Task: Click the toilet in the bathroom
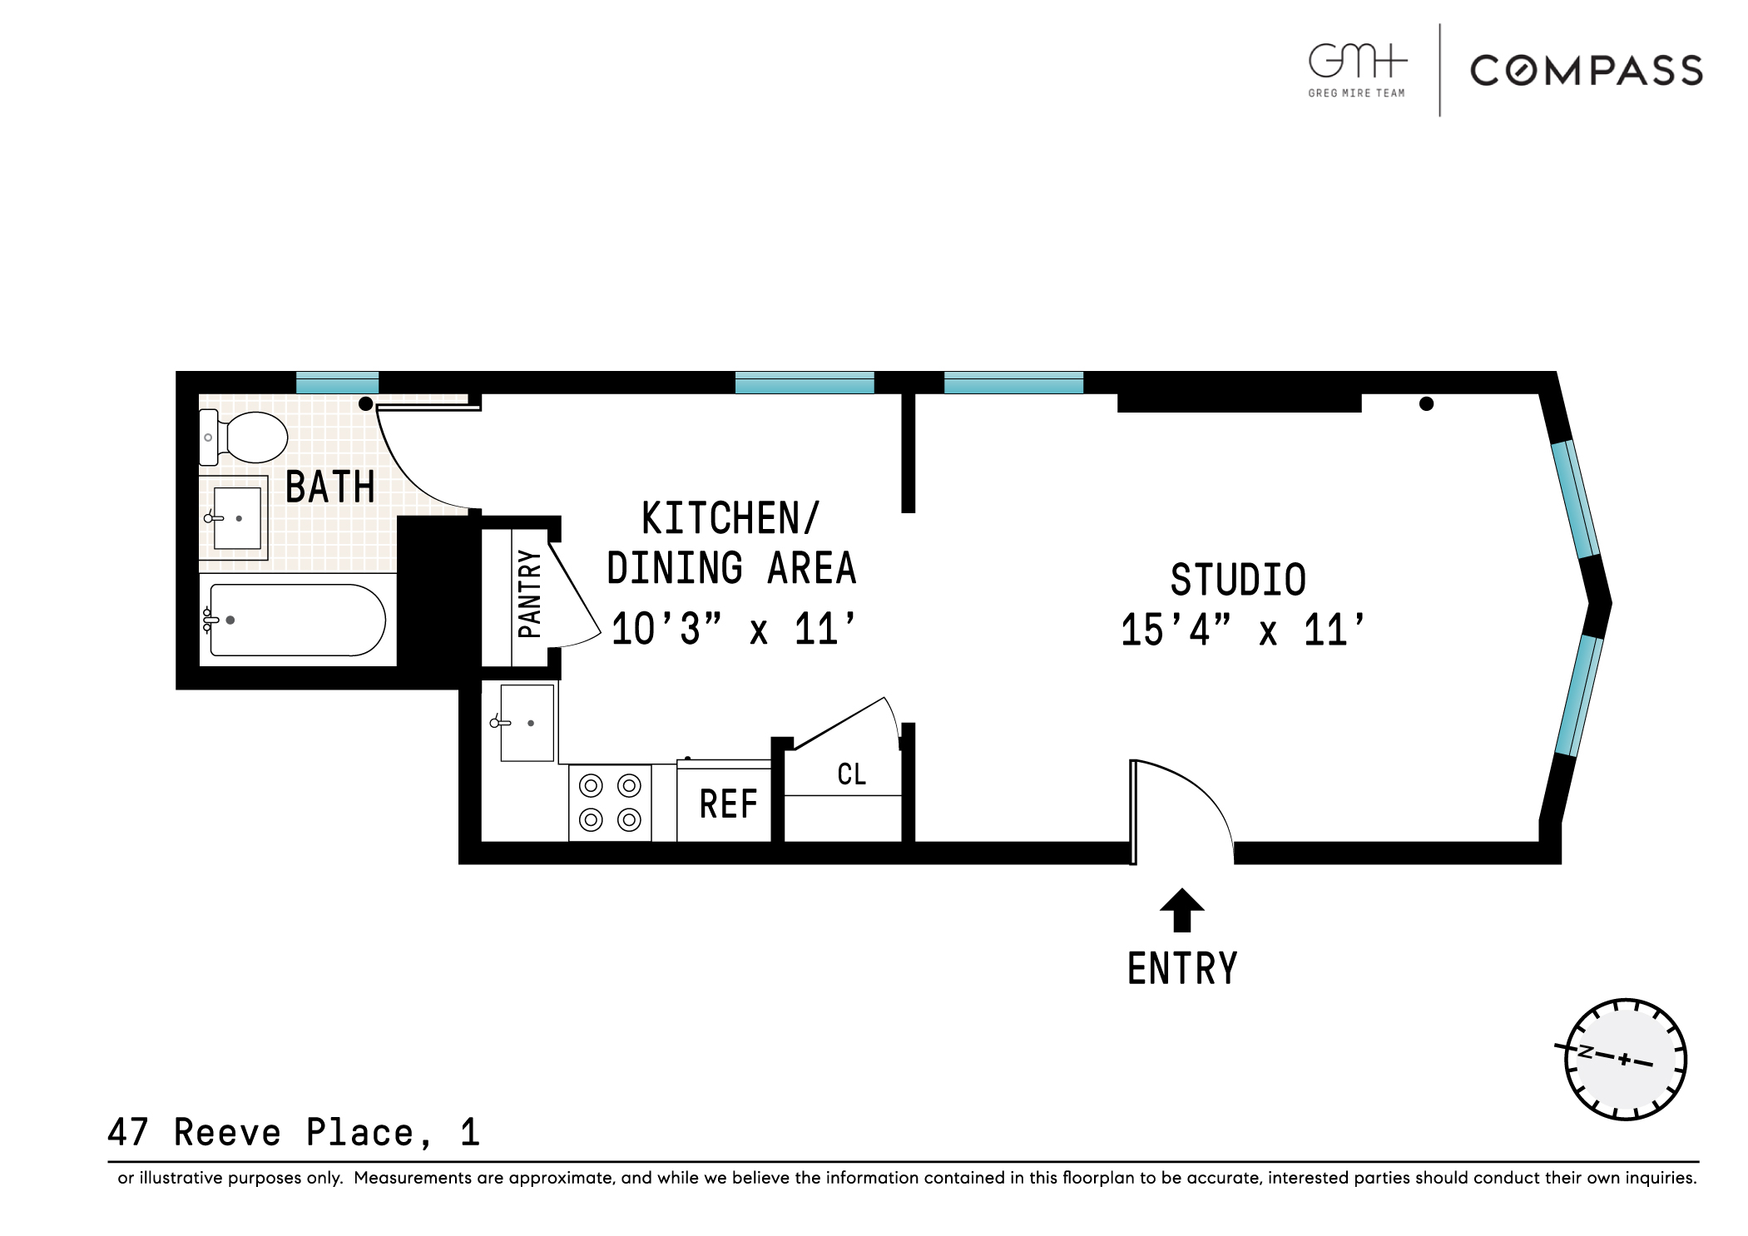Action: tap(243, 438)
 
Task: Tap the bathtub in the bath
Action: tap(297, 620)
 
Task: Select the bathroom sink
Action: tap(234, 518)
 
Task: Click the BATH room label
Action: tap(330, 487)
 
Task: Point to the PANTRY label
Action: tap(530, 594)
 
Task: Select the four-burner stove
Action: tap(610, 803)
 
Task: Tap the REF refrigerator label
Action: tap(729, 804)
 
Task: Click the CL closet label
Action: tap(852, 774)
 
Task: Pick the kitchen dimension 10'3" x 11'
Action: tap(734, 629)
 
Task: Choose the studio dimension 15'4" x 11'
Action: tap(1243, 630)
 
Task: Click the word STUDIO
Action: tap(1238, 580)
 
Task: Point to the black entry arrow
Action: tap(1182, 910)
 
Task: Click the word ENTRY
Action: tap(1182, 968)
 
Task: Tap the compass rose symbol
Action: tap(1625, 1059)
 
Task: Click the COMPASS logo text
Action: tap(1587, 71)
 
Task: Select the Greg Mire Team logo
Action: tap(1357, 71)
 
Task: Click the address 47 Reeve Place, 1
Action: tap(294, 1133)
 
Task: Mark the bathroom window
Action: tap(337, 383)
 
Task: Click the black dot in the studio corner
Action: tap(1426, 404)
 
